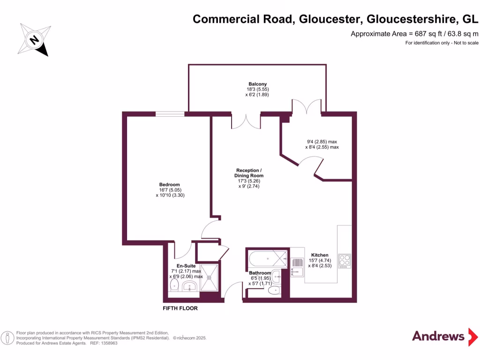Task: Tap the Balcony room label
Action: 257,84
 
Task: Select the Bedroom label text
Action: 170,185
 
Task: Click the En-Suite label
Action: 186,265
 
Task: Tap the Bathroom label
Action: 260,273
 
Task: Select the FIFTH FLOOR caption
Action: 180,308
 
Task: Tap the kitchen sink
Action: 297,268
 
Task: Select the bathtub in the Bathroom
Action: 267,258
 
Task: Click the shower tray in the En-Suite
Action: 210,276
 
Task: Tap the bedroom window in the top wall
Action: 170,113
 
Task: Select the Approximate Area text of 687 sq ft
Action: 414,34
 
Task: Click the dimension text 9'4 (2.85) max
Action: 322,142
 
